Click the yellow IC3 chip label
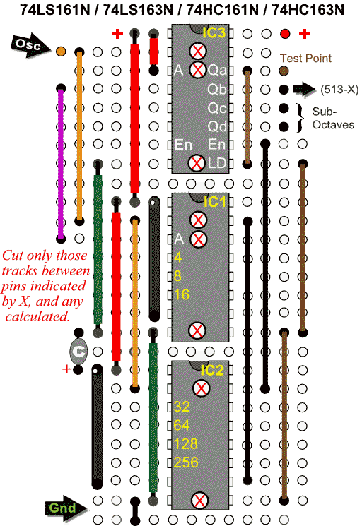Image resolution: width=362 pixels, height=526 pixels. [x=214, y=32]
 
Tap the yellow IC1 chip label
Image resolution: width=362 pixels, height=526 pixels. [x=215, y=202]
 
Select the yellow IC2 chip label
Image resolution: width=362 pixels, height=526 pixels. [x=212, y=371]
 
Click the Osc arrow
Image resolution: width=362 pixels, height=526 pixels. [x=30, y=45]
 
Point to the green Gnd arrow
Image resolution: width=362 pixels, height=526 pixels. [x=65, y=507]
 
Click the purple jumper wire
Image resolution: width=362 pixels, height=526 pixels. [x=61, y=163]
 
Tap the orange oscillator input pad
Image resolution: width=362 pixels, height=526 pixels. [x=61, y=52]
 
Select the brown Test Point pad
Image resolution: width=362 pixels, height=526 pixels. [x=284, y=71]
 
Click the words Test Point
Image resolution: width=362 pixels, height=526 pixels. [x=305, y=59]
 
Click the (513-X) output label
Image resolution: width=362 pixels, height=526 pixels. [x=339, y=90]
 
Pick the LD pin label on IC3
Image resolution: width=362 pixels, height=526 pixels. [x=216, y=163]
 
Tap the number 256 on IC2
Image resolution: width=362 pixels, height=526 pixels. [x=186, y=462]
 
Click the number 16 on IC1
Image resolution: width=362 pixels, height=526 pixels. [x=182, y=294]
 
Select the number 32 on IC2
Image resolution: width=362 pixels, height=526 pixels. [x=182, y=407]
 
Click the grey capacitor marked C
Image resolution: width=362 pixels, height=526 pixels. [x=78, y=352]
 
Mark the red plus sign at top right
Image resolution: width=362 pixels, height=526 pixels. [x=304, y=34]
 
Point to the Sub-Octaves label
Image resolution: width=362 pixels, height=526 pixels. [x=333, y=118]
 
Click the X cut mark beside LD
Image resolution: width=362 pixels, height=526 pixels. [x=197, y=163]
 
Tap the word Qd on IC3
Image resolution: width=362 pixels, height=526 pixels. [x=217, y=126]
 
